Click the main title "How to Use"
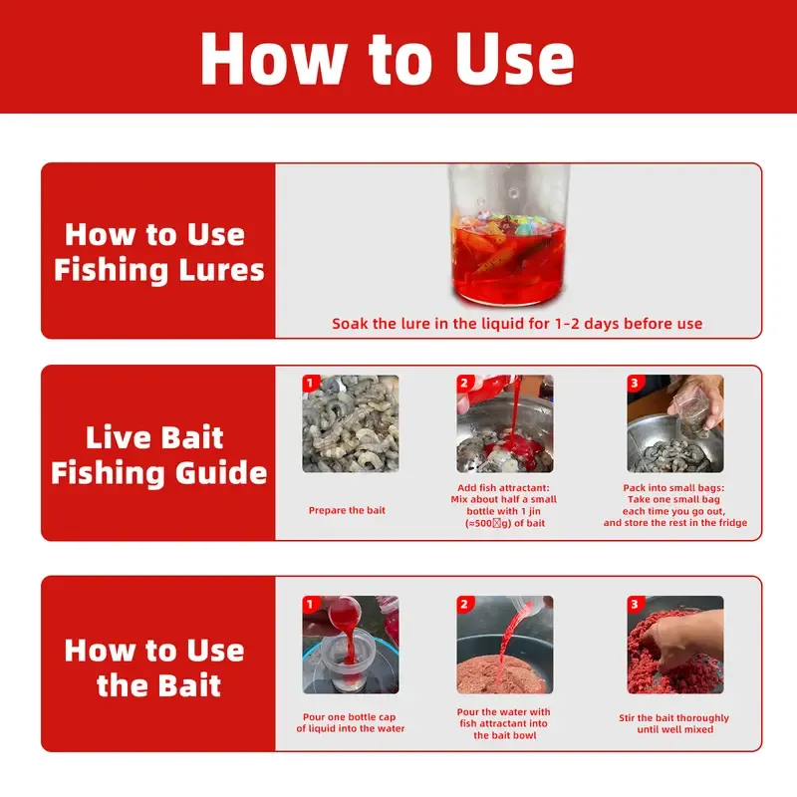point(387,57)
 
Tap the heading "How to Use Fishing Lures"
point(157,252)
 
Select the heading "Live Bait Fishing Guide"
point(157,454)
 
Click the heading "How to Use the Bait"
point(155,667)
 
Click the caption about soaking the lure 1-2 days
point(517,324)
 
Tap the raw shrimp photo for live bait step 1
point(351,423)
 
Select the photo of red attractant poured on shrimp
point(504,423)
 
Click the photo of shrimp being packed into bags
point(674,423)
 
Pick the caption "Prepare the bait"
point(347,510)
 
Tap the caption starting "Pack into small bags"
point(674,505)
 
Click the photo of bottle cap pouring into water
point(351,645)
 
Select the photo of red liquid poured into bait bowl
point(504,645)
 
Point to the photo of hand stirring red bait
point(674,645)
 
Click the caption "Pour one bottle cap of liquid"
point(350,722)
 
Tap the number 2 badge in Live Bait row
point(464,383)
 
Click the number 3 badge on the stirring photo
point(635,604)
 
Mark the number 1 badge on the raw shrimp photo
point(310,383)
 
